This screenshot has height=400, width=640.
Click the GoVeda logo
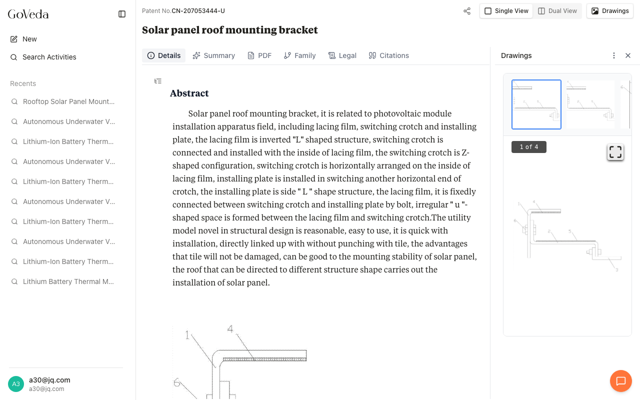pyautogui.click(x=28, y=14)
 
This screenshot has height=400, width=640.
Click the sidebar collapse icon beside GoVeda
pyautogui.click(x=122, y=14)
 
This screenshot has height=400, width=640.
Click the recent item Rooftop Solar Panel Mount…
pyautogui.click(x=68, y=101)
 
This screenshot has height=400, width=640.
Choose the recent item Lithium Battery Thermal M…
pyautogui.click(x=68, y=281)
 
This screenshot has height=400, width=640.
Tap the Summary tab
pyautogui.click(x=213, y=55)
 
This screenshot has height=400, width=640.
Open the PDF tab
pyautogui.click(x=259, y=55)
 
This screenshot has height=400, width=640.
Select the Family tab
pyautogui.click(x=299, y=55)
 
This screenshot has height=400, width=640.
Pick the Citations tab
pyautogui.click(x=388, y=55)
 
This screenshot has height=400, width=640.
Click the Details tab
pyautogui.click(x=163, y=55)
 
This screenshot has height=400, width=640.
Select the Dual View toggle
pyautogui.click(x=557, y=11)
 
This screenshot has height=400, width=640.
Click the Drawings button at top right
pyautogui.click(x=609, y=11)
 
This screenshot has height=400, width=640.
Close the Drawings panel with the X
pyautogui.click(x=628, y=55)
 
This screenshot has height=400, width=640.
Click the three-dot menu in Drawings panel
pyautogui.click(x=614, y=55)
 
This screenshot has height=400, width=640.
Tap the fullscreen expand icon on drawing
pyautogui.click(x=615, y=152)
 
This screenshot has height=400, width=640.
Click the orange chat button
pyautogui.click(x=620, y=381)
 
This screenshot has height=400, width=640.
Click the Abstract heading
pyautogui.click(x=189, y=93)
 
